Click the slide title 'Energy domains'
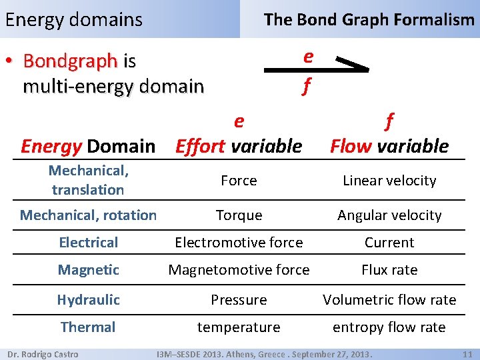coord(73,19)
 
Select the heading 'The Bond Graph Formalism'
coord(369,19)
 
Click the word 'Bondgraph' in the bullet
coord(70,61)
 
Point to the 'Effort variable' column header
coord(239,145)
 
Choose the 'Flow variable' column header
coord(389,145)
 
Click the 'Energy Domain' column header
coord(88,145)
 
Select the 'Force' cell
coord(239,181)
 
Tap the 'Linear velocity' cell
coord(389,181)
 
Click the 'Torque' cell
coord(239,215)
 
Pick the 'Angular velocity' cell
coord(389,215)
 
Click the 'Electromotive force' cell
coord(239,243)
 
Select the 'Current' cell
coord(389,243)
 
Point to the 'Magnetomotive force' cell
coord(239,270)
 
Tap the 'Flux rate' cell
coord(389,270)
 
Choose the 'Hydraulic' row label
coord(88,300)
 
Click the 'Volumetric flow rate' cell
coord(389,300)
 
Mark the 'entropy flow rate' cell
coord(389,327)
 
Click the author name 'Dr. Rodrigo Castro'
coord(43,354)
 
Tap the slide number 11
coord(467,354)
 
